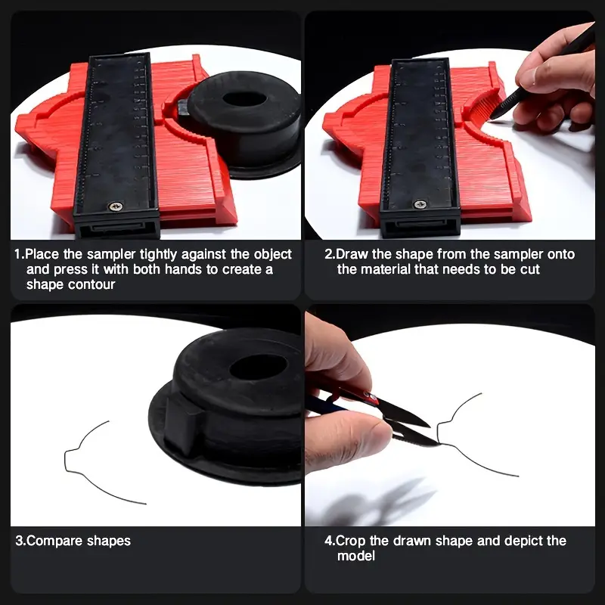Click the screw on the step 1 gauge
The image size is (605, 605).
click(116, 206)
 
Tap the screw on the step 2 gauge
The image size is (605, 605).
click(420, 204)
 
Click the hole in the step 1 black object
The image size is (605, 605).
click(244, 99)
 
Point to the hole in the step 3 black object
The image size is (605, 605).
click(258, 367)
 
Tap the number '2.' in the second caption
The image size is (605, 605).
click(330, 254)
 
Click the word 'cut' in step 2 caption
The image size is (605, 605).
click(530, 269)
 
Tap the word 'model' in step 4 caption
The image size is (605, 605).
click(356, 556)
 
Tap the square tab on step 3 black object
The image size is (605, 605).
click(181, 423)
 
